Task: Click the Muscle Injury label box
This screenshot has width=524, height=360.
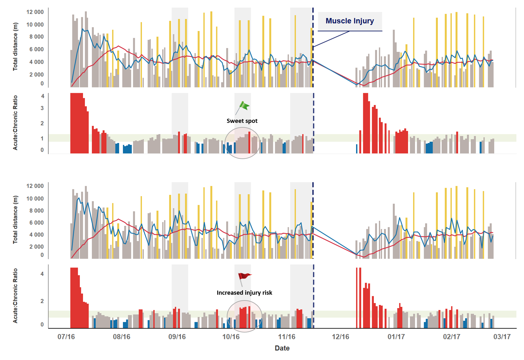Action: pos(350,21)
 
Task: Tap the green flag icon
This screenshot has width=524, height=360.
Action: pos(244,106)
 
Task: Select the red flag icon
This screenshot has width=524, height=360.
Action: pos(244,276)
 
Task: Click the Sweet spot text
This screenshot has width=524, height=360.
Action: pos(242,121)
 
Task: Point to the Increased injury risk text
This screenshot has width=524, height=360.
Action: pos(244,293)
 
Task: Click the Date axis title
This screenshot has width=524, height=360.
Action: pos(282,348)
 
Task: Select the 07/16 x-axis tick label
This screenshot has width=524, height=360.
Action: pos(66,337)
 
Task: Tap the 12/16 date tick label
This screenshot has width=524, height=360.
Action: pos(340,337)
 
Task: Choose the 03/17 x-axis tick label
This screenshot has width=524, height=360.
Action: pos(502,337)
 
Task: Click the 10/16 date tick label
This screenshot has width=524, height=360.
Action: pos(231,337)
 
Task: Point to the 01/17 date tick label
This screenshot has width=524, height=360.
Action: pos(396,337)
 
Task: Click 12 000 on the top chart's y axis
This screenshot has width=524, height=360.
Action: pos(35,12)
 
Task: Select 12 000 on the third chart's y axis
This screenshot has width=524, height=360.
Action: pos(35,186)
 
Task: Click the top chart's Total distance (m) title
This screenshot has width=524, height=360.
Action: pos(15,47)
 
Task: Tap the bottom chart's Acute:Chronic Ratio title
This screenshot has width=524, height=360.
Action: pos(15,296)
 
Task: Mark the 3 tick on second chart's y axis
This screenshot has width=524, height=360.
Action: pos(42,108)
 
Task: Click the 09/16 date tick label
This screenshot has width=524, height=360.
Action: pos(177,337)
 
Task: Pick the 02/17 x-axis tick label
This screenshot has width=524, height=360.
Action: pos(452,337)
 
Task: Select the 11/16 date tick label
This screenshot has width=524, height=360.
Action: pos(287,337)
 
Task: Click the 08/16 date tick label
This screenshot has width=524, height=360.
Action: pos(122,337)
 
